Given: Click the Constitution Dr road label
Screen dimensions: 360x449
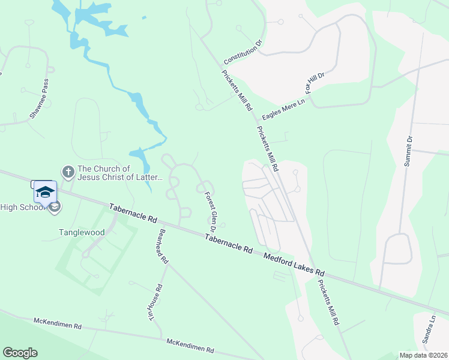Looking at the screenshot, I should point(244,53).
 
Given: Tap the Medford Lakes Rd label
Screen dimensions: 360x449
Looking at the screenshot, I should point(294,262).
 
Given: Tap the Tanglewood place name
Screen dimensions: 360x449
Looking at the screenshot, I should point(82,232).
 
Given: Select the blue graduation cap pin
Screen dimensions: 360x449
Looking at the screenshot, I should point(45,192).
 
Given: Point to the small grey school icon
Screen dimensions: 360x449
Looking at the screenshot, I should point(55,208).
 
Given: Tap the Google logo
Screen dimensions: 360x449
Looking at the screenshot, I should point(20,353).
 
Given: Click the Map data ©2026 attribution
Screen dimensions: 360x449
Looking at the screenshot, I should point(423,355).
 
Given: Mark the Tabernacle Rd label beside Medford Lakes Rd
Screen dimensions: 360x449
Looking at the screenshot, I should point(228,243).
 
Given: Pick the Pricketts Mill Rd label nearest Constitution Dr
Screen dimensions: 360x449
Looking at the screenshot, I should point(237,91).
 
